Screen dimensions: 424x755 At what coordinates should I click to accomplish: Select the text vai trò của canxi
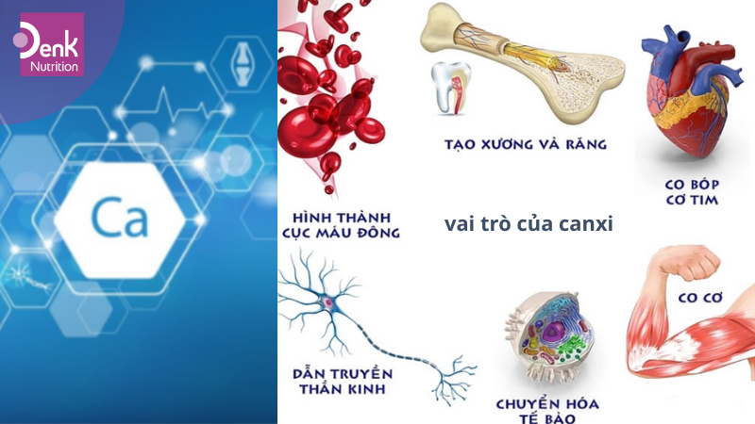528,224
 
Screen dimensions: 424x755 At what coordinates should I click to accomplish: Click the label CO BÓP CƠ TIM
692,191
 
